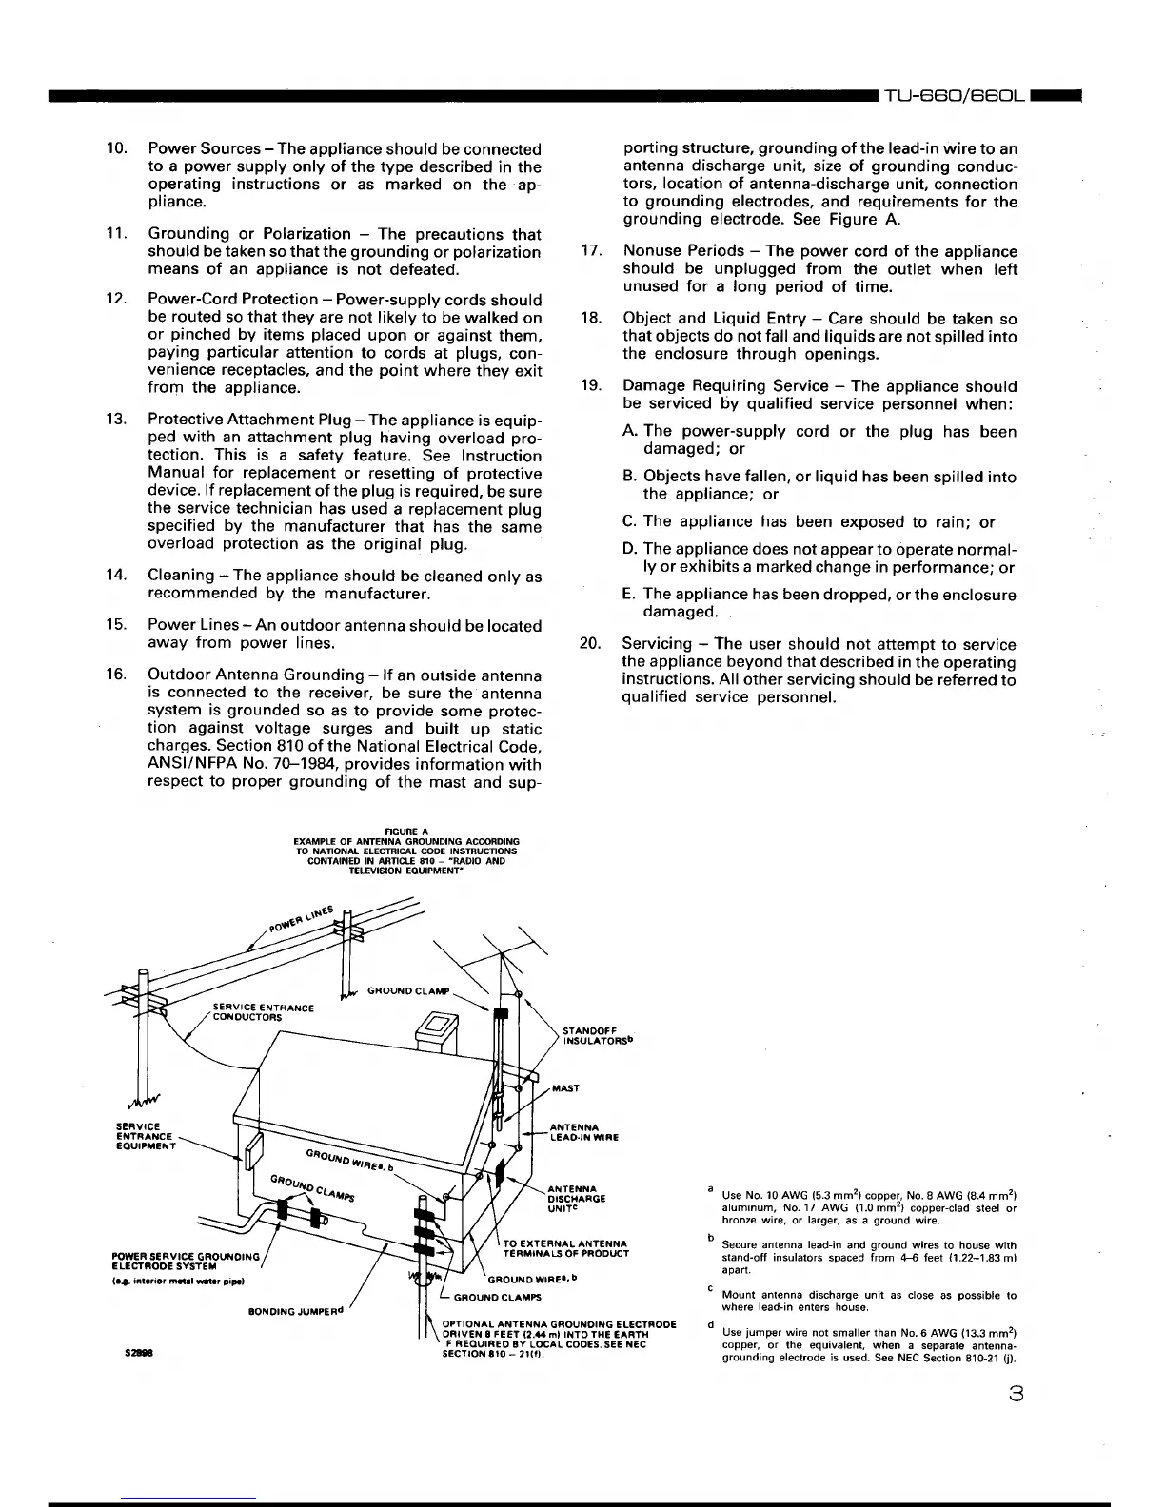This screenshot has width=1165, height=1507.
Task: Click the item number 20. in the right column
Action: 591,644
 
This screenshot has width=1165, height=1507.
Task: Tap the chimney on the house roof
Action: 436,1030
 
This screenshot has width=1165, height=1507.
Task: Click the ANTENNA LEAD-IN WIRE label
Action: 584,1132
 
